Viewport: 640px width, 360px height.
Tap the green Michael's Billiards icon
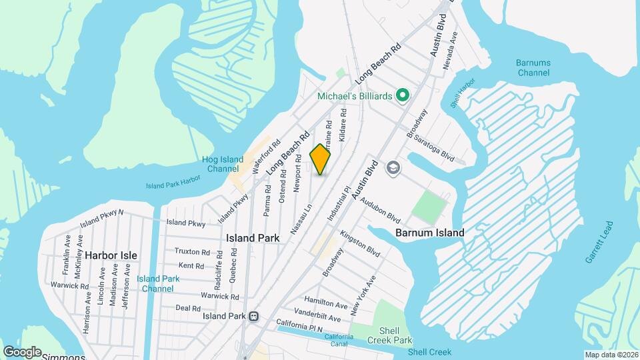(x=402, y=96)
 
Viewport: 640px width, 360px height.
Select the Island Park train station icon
(x=253, y=316)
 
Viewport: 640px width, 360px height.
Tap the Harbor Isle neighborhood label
(x=111, y=255)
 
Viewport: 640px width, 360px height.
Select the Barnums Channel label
(x=533, y=67)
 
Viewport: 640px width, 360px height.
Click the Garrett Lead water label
(x=599, y=241)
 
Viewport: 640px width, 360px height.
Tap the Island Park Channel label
(x=158, y=283)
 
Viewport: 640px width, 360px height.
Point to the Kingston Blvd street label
(x=359, y=244)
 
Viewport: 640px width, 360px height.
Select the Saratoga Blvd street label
(x=433, y=148)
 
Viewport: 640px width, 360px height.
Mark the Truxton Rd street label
(x=192, y=251)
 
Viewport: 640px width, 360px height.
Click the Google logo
(x=22, y=352)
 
